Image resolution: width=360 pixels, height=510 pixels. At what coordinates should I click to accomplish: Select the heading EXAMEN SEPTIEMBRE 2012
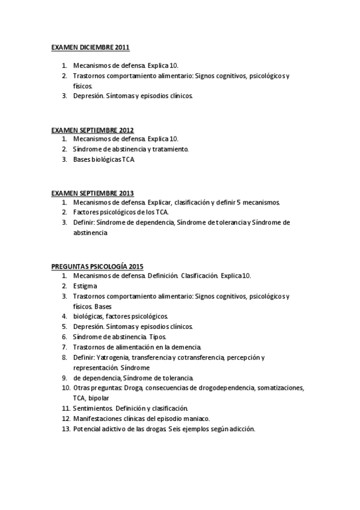93,130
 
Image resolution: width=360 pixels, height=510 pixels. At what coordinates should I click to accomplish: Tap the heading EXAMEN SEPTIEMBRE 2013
93,193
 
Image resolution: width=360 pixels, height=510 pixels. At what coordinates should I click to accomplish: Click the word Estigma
85,286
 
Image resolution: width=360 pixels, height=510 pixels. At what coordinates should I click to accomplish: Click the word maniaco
194,418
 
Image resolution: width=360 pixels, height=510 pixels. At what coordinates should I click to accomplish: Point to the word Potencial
88,429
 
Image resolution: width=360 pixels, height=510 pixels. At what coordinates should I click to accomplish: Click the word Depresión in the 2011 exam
88,96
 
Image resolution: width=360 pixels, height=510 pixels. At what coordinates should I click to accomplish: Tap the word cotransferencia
201,357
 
